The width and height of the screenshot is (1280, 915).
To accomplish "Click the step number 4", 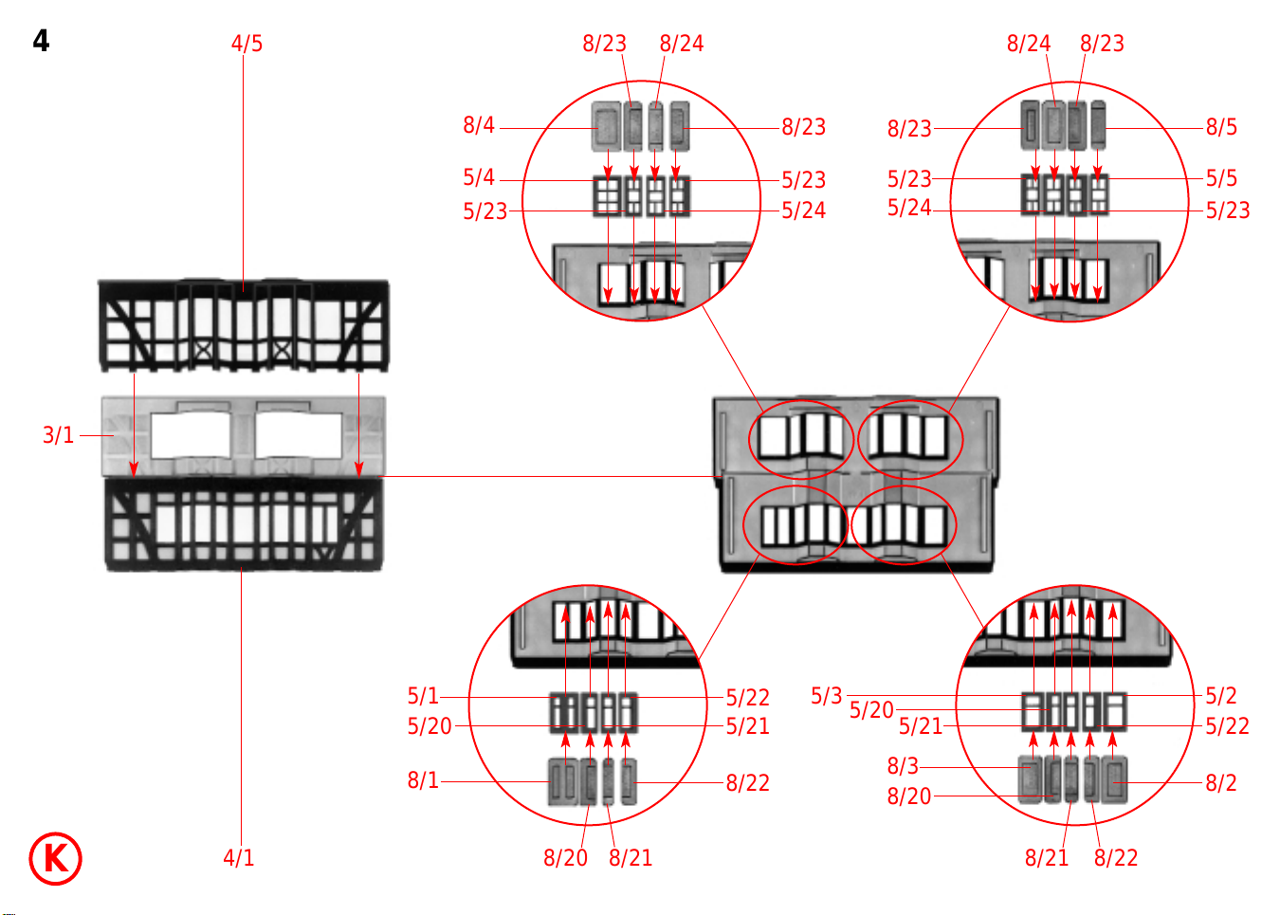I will coord(41,41).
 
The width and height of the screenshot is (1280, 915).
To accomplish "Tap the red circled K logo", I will coord(55,858).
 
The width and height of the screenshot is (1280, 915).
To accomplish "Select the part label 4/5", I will coord(247,44).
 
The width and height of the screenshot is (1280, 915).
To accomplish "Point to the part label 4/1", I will coord(238,858).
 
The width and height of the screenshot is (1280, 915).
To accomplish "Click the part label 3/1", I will coord(58,435).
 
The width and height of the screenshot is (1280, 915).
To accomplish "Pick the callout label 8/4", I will coord(478,125).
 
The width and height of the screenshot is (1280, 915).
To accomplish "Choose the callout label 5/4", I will coord(478,177).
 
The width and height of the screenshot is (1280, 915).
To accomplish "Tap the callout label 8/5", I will coord(1221,127).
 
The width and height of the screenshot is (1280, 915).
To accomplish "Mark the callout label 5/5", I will coord(1221,178).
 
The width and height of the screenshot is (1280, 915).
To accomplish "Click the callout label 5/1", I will coord(423,696).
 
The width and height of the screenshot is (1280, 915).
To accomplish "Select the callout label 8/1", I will coord(423,780).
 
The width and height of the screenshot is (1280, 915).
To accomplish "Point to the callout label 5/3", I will coord(826,696).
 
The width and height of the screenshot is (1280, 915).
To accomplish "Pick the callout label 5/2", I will coord(1221,696).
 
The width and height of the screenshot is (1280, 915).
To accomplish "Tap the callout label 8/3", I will coord(903,766).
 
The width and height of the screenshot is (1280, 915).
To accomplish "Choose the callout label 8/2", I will coord(1221,783).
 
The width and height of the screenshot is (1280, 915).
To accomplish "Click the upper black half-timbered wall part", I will coord(243,325).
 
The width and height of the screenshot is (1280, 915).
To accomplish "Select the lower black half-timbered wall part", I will coord(243,523).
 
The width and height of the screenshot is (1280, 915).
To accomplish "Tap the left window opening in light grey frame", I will coord(190,436).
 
